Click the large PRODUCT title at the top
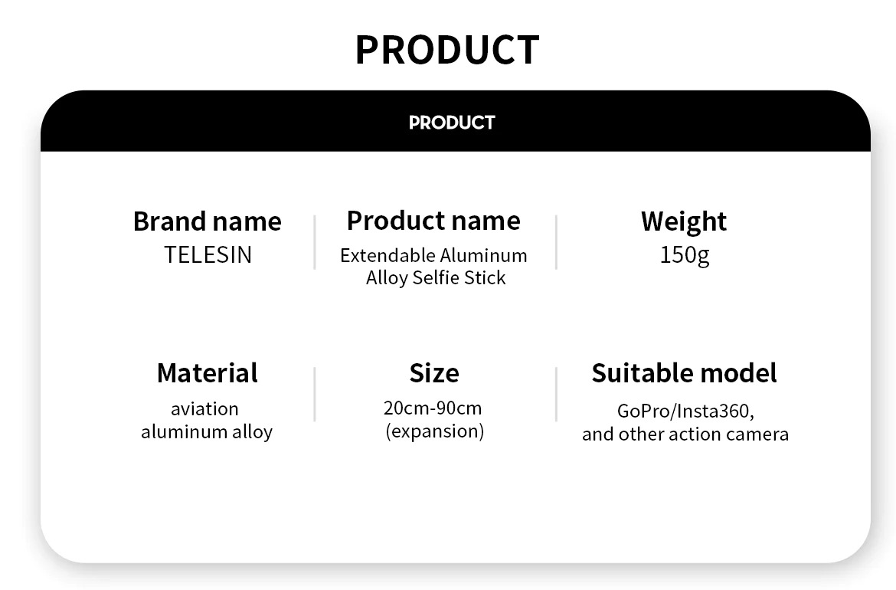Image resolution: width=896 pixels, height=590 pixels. click(447, 50)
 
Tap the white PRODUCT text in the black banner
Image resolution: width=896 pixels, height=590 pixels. click(452, 123)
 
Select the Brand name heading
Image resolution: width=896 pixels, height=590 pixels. click(208, 221)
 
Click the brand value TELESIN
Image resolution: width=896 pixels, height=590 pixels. click(208, 255)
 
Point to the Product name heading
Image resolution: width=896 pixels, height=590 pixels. click(433, 221)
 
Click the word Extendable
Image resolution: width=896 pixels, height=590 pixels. click(387, 255)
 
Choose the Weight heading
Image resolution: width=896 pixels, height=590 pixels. click(683, 221)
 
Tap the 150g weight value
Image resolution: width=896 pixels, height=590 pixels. click(685, 255)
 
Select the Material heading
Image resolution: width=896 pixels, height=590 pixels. click(208, 372)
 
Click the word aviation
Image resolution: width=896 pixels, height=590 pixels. click(204, 408)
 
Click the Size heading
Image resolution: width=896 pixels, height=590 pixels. click(434, 373)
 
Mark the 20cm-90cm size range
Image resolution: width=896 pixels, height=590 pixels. click(433, 408)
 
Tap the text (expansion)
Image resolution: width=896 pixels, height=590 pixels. click(435, 431)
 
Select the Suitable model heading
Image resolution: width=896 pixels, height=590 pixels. click(684, 372)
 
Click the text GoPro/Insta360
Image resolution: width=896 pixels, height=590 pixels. click(685, 411)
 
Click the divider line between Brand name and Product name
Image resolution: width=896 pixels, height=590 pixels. click(314, 242)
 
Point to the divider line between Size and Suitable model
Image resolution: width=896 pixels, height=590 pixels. click(556, 394)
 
